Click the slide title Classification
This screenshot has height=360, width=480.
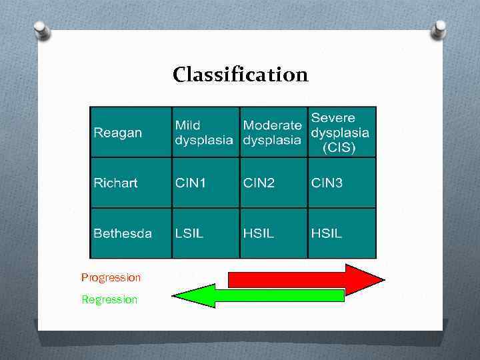pos(240,74)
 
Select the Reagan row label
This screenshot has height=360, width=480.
pos(118,132)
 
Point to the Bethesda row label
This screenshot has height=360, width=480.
pos(123,233)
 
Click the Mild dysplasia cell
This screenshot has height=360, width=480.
pos(204,132)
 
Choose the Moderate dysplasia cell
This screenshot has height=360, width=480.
pos(272,132)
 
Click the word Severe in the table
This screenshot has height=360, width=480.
pos(333,117)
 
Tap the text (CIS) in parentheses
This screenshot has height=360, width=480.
pos(339,148)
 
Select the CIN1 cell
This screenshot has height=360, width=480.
pos(191,183)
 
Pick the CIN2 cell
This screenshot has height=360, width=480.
pos(259,183)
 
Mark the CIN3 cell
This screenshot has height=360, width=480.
pos(327,183)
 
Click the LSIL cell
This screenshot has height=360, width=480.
pos(189,233)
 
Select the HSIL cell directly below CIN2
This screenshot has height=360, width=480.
pos(259,233)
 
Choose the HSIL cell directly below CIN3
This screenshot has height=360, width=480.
pos(327,233)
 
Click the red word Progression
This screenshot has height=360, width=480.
pos(111,277)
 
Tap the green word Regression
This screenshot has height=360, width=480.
pos(109,299)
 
